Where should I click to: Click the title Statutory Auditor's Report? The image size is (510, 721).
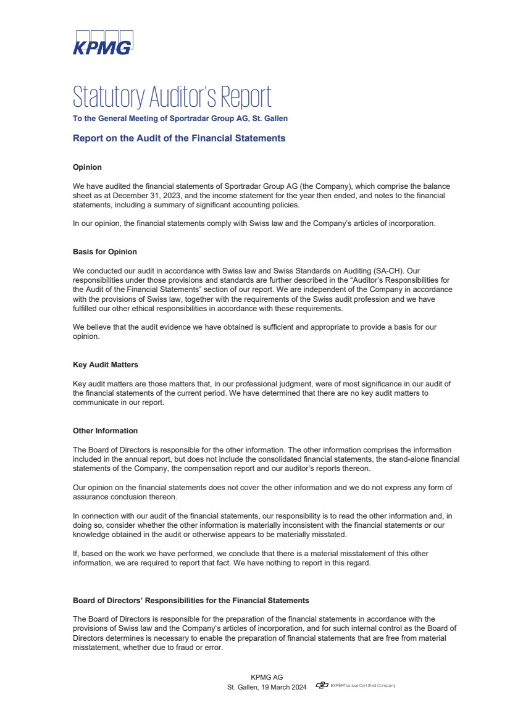(172, 97)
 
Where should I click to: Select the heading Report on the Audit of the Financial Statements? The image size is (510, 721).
(179, 138)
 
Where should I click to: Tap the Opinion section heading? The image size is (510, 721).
(87, 167)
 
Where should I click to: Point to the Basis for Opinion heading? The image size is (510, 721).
(105, 252)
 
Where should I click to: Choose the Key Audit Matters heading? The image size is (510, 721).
(106, 365)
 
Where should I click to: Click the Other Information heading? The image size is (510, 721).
(105, 431)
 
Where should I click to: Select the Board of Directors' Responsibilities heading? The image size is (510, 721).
(191, 600)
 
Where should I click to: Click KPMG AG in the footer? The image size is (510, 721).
(267, 677)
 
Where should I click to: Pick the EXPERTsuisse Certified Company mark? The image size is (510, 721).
(356, 686)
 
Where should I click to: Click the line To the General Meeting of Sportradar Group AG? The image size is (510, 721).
(180, 118)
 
